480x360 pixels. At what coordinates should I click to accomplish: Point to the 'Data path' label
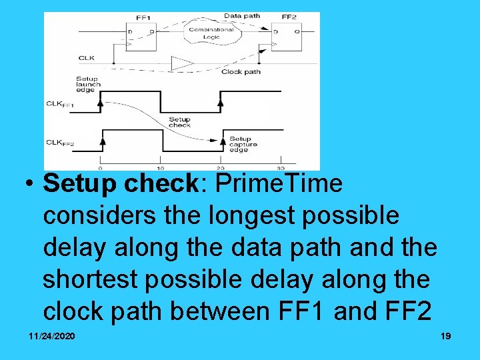(241, 16)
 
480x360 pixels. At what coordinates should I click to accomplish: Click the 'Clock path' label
(241, 71)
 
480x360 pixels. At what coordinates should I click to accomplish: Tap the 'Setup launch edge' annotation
(88, 85)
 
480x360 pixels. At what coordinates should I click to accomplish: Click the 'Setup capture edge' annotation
(243, 145)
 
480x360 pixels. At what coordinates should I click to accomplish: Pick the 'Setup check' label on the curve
(179, 122)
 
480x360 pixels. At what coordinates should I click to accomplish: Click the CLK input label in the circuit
(87, 58)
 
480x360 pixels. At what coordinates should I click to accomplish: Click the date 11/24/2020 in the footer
(52, 336)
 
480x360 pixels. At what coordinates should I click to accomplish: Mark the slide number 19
(445, 336)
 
